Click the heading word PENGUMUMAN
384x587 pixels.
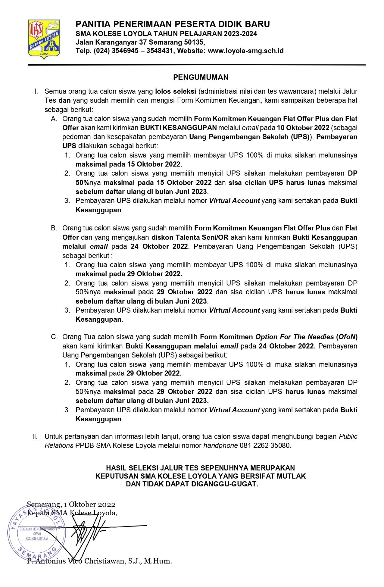pyautogui.click(x=201, y=77)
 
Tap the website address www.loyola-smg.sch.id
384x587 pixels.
pyautogui.click(x=246, y=51)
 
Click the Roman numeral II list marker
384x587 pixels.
pyautogui.click(x=35, y=436)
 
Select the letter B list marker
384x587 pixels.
pyautogui.click(x=54, y=228)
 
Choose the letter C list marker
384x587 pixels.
pyautogui.click(x=54, y=337)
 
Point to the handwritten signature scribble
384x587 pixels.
pyautogui.click(x=87, y=535)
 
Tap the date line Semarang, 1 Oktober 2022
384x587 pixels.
pyautogui.click(x=71, y=504)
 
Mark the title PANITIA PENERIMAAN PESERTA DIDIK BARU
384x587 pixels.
pyautogui.click(x=173, y=24)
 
